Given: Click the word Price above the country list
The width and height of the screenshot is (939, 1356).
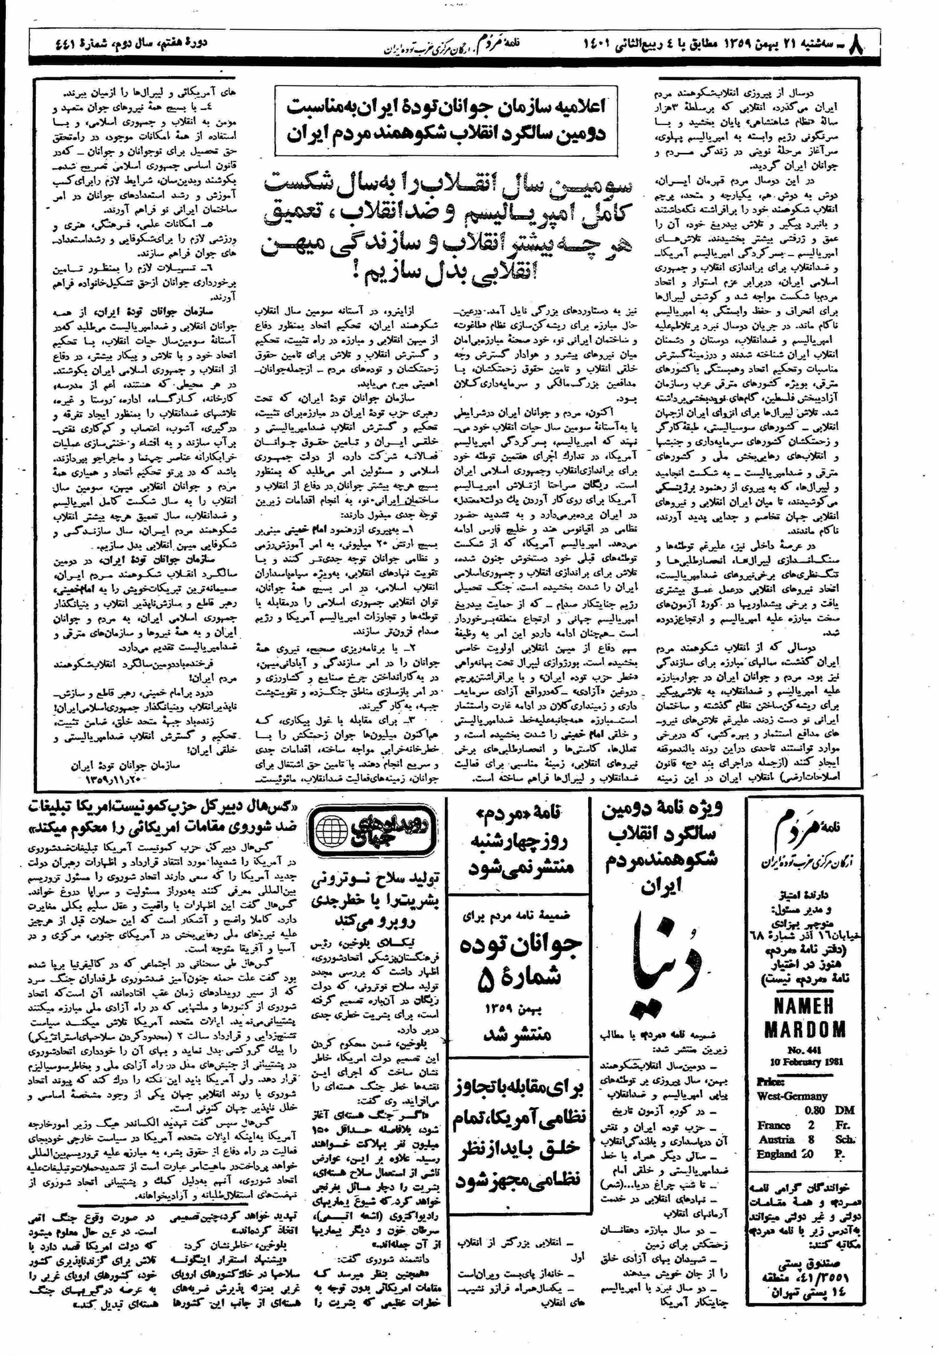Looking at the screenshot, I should (x=769, y=1081).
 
